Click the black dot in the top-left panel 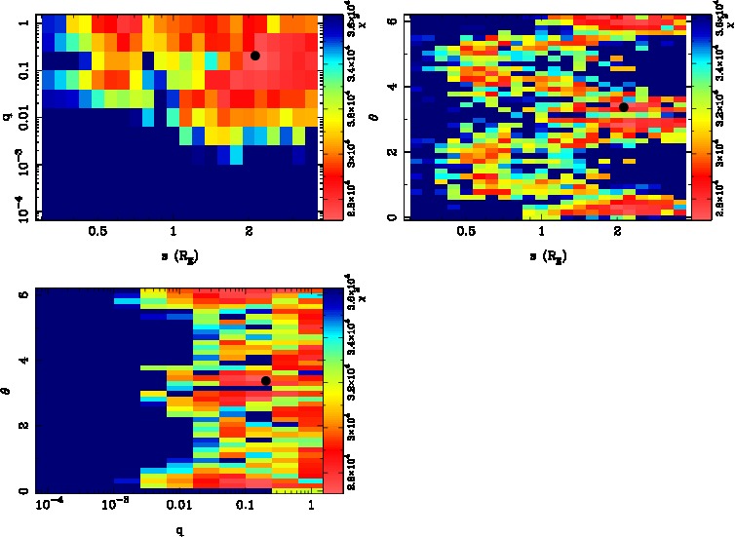click(x=255, y=56)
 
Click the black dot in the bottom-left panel click(x=265, y=380)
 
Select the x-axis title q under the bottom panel click(x=178, y=532)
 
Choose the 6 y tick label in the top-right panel click(x=391, y=20)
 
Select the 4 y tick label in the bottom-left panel click(x=22, y=361)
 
